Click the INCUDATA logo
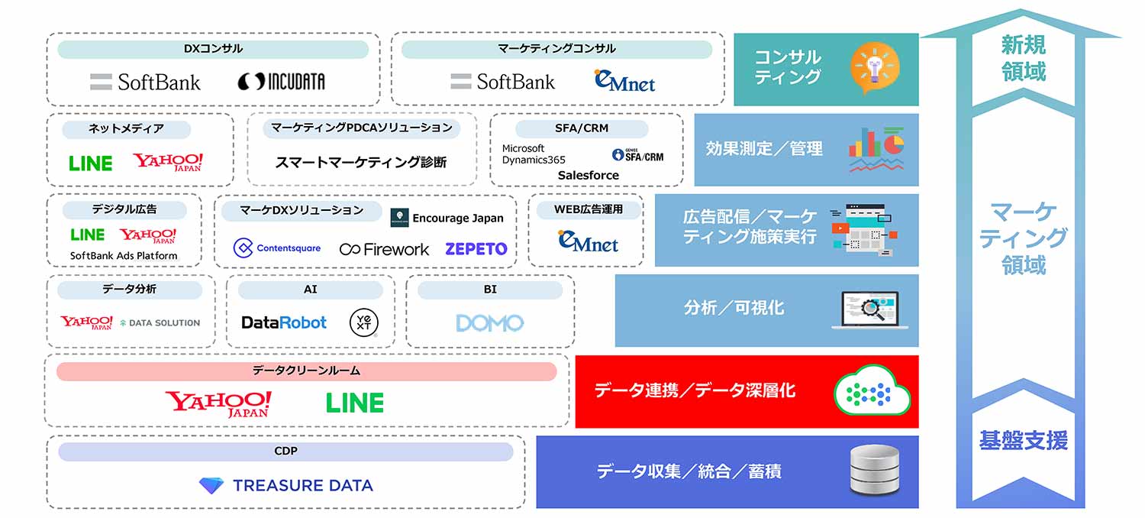(281, 82)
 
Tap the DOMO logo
(489, 323)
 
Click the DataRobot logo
(284, 322)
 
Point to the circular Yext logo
(361, 322)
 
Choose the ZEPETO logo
(476, 248)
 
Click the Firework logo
(385, 249)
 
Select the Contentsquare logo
(277, 248)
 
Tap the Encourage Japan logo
(447, 218)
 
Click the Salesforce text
(588, 175)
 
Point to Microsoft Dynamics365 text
(534, 154)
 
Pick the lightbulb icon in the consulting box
(875, 69)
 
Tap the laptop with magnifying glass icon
(869, 310)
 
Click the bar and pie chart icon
(876, 149)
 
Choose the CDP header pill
(285, 452)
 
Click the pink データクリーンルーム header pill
(306, 371)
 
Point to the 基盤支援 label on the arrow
(1023, 441)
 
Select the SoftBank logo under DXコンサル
(145, 82)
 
